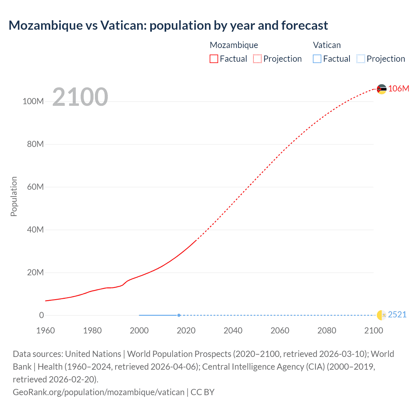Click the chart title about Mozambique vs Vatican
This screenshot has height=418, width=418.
tap(168, 25)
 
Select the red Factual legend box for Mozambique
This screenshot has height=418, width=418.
tap(214, 59)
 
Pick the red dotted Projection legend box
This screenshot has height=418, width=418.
tap(257, 59)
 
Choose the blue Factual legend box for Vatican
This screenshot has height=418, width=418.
tap(317, 59)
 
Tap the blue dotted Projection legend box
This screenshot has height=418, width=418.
tap(361, 59)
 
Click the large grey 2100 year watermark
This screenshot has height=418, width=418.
tap(80, 97)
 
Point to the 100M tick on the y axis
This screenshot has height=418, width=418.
tap(33, 101)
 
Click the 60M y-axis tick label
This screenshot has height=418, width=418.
tap(35, 187)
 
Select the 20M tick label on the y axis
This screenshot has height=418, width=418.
tap(35, 273)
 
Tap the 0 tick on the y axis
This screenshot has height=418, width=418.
tap(41, 315)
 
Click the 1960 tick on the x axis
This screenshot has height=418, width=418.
tap(45, 330)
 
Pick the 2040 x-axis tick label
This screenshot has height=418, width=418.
tap(233, 330)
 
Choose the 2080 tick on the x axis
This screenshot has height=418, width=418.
tap(327, 330)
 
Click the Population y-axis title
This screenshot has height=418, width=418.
tap(14, 196)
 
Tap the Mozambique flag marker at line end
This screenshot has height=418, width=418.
tap(381, 89)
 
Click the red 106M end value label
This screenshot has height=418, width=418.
tap(398, 88)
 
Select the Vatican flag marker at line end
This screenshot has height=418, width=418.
tap(381, 315)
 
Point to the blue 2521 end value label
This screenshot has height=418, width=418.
tap(397, 314)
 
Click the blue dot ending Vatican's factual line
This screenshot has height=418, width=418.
tap(179, 315)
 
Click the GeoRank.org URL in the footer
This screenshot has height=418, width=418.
tap(99, 392)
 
